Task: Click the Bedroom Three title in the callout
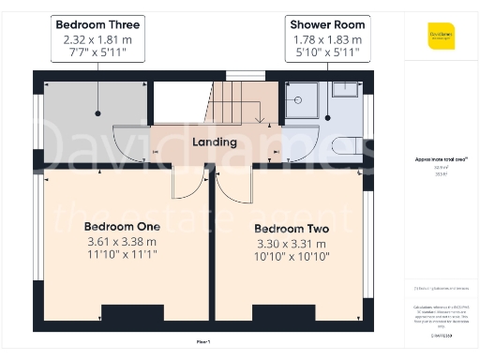pos(98,24)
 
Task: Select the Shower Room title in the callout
pos(328,24)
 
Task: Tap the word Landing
pos(214,142)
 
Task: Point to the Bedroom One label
pos(122,226)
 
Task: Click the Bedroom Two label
pos(292,228)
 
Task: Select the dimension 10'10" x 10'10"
pos(292,256)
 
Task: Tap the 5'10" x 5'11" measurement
pos(328,52)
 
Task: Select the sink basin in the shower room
pos(348,86)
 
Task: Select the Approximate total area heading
pos(442,159)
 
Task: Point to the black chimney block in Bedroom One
pos(132,313)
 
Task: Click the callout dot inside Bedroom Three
pos(98,113)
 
